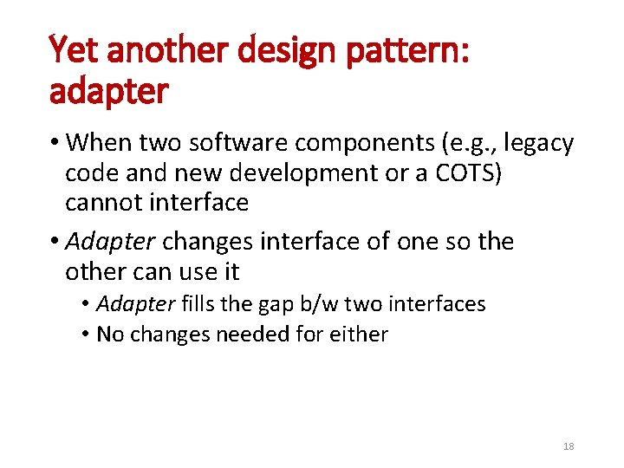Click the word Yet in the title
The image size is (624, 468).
pos(72,51)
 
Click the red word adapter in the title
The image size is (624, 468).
pos(108,92)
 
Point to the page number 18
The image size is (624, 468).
pos(569,446)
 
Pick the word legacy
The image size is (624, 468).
pos(537,144)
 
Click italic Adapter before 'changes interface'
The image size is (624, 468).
pos(111,241)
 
